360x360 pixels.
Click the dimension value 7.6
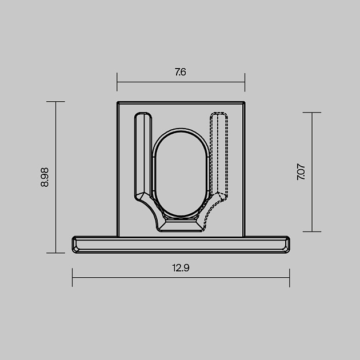click(x=181, y=73)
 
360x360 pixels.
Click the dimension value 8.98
click(x=45, y=177)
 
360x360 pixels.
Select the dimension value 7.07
click(x=301, y=172)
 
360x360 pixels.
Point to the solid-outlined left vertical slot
click(x=142, y=154)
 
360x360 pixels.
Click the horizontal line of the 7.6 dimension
click(x=149, y=82)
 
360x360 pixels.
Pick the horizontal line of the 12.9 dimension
click(x=126, y=278)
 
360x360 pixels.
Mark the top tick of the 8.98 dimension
click(x=55, y=102)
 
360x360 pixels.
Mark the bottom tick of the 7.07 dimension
click(x=312, y=231)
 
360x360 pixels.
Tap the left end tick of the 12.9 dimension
click(x=73, y=278)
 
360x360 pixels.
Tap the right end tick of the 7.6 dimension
click(x=245, y=82)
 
